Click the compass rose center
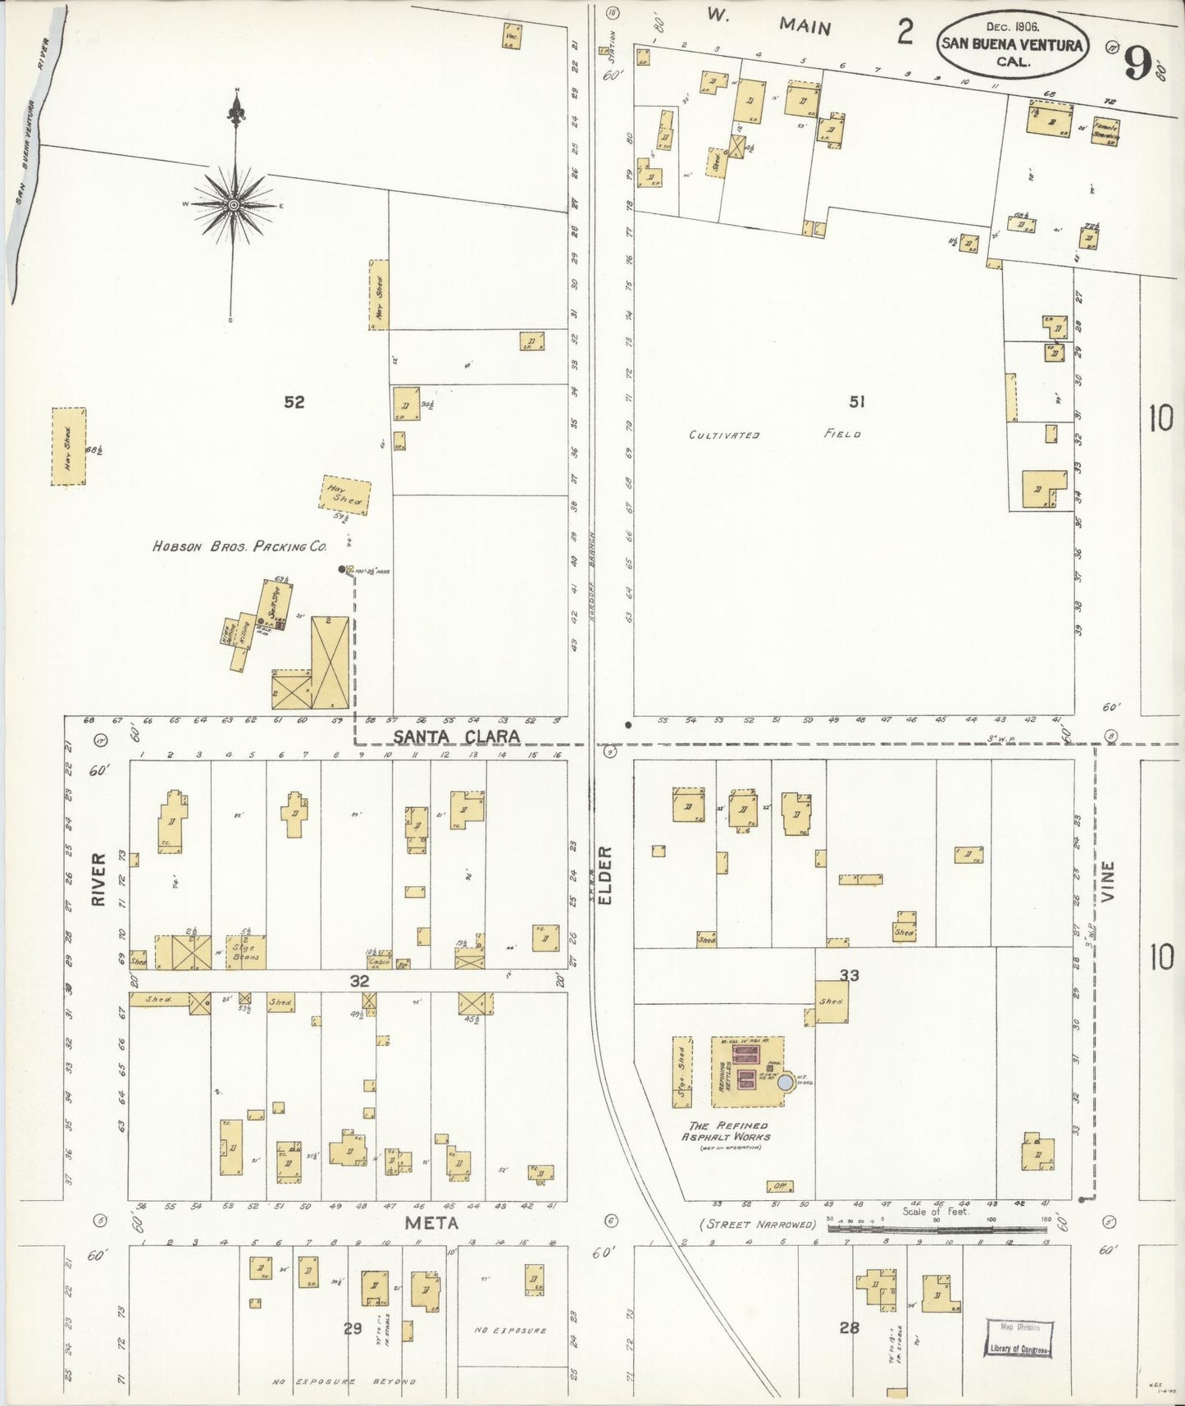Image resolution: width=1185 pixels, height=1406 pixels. [234, 204]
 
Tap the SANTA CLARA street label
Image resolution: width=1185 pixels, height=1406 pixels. [456, 736]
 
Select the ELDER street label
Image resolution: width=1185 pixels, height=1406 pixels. [605, 875]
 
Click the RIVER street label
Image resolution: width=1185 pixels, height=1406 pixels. [98, 879]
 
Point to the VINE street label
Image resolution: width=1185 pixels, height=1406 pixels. [1109, 881]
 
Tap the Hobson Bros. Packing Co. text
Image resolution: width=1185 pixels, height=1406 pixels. [239, 546]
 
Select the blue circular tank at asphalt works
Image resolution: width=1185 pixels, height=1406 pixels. [785, 1083]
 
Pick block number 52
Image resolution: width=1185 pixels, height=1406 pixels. [294, 402]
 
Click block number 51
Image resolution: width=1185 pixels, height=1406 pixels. [857, 401]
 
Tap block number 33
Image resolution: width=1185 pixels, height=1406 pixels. [849, 975]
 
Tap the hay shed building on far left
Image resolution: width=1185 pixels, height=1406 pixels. [69, 446]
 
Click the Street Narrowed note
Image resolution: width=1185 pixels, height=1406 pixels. [758, 1225]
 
